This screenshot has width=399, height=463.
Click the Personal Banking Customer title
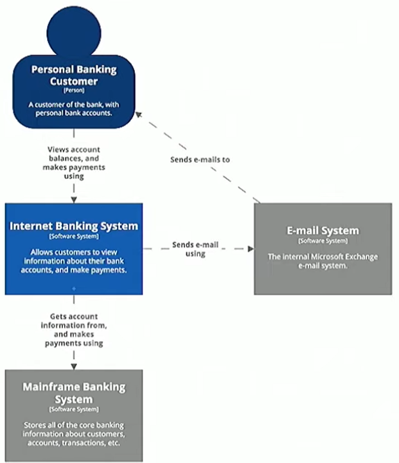coord(74,75)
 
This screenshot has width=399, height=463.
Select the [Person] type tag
coord(74,91)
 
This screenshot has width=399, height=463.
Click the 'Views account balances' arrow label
coord(74,163)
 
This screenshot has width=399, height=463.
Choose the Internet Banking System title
coord(74,226)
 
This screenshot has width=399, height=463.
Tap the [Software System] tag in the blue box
coord(74,237)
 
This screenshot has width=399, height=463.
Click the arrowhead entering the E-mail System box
coord(250,249)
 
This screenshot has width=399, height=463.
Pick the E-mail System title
coord(323,231)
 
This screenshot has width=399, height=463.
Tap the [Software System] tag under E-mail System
coord(323,241)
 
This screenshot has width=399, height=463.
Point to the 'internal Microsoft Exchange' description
coord(323,261)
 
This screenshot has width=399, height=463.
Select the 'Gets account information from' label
coord(74,330)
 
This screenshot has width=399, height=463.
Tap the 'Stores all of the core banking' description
coord(74,434)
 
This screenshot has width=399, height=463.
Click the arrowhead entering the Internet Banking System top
coord(74,200)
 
